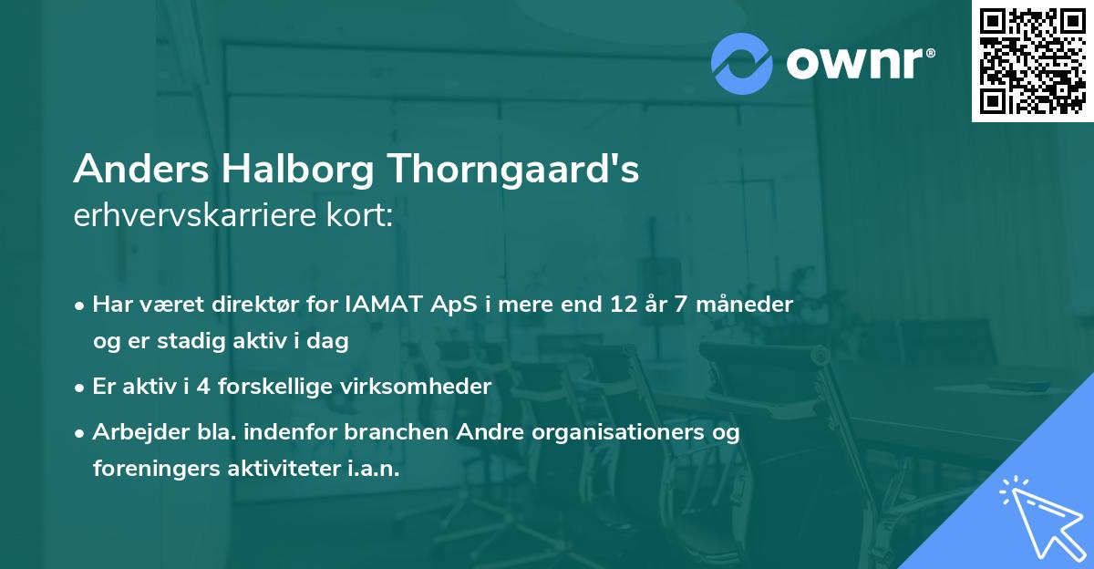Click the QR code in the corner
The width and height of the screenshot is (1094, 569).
(1032, 61)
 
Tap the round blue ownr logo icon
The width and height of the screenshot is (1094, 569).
(741, 63)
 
